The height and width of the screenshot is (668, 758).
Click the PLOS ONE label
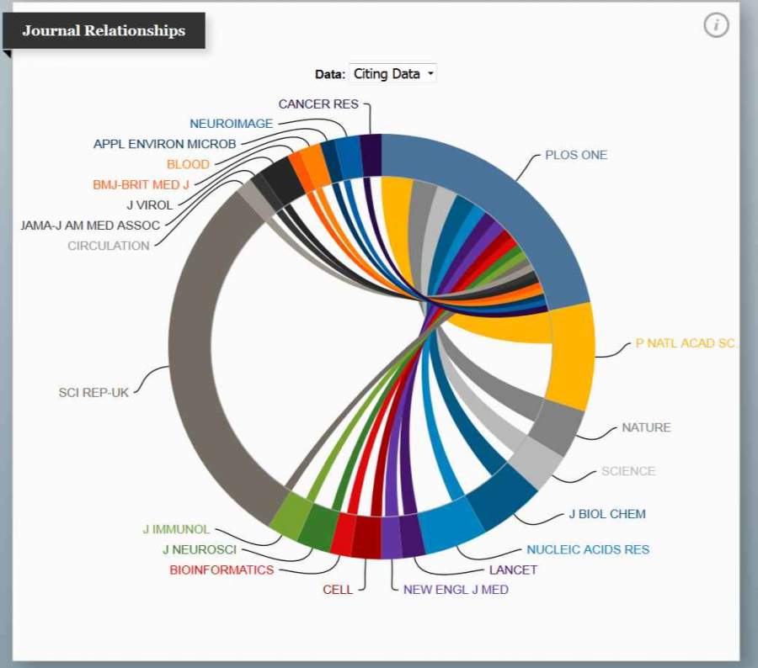pos(575,155)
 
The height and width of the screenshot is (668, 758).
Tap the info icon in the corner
pos(716,25)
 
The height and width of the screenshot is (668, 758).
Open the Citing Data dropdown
pos(393,74)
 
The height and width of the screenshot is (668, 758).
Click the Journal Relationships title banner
pos(104,31)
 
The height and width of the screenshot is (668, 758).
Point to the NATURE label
pos(646,427)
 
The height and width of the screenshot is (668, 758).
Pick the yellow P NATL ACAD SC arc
pos(570,353)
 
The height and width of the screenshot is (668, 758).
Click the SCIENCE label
pos(627,471)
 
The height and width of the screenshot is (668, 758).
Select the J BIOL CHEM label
pos(606,514)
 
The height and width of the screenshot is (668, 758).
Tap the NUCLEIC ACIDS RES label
pos(588,549)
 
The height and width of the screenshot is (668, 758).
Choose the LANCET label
pos(513,570)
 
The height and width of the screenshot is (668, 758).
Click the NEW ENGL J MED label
pos(456,589)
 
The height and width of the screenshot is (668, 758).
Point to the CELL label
pos(338,589)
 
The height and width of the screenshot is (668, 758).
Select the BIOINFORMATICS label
pos(222,570)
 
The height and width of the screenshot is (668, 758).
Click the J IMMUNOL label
pos(176,529)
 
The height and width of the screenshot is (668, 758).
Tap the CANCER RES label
pos(318,103)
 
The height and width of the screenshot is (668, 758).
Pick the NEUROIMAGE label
pos(231,124)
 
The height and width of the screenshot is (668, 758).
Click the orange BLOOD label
pos(188,164)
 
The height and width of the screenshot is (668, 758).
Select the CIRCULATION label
pos(109,246)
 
